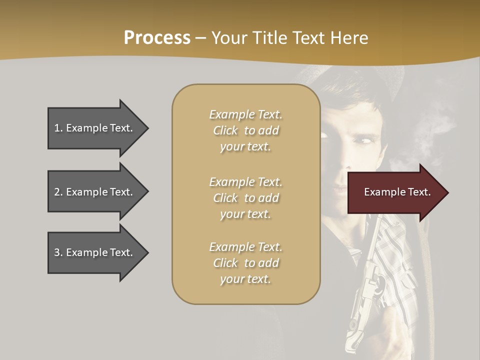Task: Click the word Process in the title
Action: coord(157,38)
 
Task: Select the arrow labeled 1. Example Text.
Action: coord(95,128)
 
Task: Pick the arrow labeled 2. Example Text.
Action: coord(95,192)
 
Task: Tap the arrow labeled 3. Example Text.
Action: coord(95,252)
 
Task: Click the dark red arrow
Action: coord(395,192)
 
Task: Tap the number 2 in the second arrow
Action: coord(57,192)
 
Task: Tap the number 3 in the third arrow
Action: coord(57,252)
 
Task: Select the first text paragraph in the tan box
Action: coord(245,130)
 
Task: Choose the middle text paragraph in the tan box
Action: coord(245,198)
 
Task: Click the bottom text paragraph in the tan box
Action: coord(245,263)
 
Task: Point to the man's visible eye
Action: coord(362,142)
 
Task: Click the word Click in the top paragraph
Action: coord(225,130)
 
